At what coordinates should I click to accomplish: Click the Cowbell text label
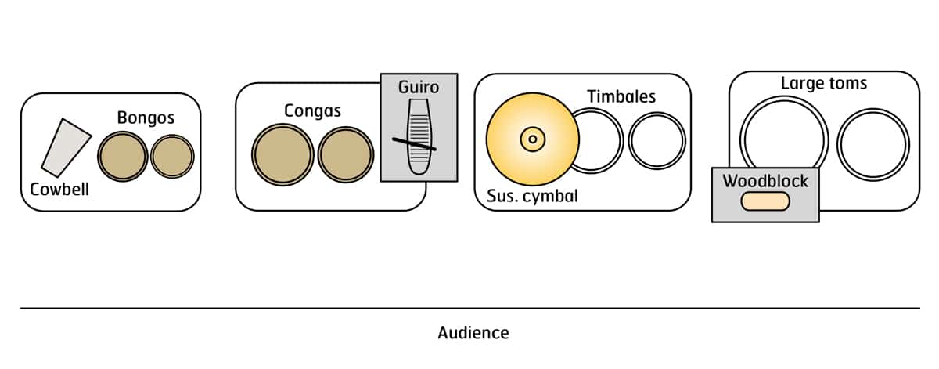(59, 189)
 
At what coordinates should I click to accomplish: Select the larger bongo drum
(122, 157)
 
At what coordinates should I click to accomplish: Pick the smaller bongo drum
(172, 157)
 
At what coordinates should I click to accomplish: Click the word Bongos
(146, 118)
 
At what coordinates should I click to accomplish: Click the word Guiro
(419, 86)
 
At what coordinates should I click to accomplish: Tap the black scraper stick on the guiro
(415, 143)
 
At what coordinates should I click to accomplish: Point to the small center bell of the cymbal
(532, 139)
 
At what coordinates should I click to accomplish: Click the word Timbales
(621, 96)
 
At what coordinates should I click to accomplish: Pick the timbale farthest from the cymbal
(656, 141)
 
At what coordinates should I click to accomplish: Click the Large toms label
(824, 83)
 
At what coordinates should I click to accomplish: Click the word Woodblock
(765, 182)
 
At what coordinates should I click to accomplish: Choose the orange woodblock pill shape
(765, 201)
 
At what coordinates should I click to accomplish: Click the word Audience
(473, 333)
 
